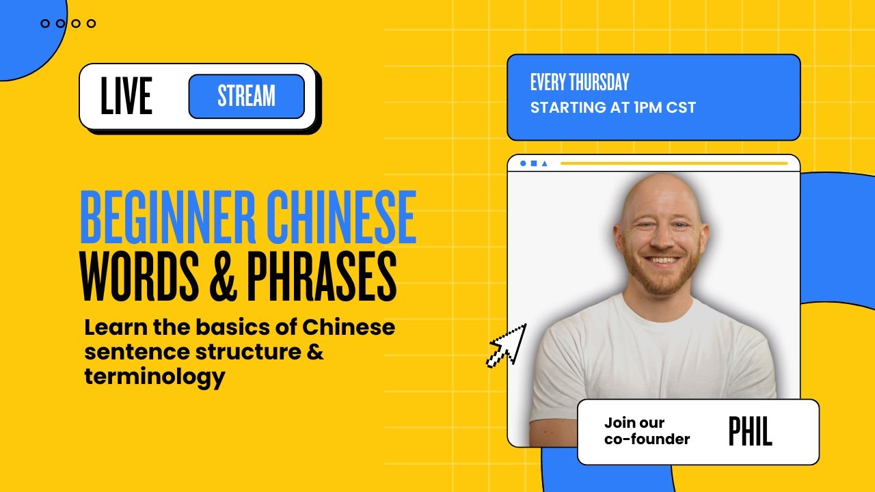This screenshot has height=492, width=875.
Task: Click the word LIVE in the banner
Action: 126,96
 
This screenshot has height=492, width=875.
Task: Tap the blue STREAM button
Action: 246,96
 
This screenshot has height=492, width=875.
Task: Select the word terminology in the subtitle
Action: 154,376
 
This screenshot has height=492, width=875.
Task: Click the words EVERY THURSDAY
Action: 580,83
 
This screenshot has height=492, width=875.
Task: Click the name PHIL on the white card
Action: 750,432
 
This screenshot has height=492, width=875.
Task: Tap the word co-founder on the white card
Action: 647,439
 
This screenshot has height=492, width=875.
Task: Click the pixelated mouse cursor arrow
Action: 507,345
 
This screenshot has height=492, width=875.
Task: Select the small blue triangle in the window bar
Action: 544,164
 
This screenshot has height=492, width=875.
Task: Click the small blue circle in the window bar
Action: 524,164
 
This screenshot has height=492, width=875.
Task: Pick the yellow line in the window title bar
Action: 673,164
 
